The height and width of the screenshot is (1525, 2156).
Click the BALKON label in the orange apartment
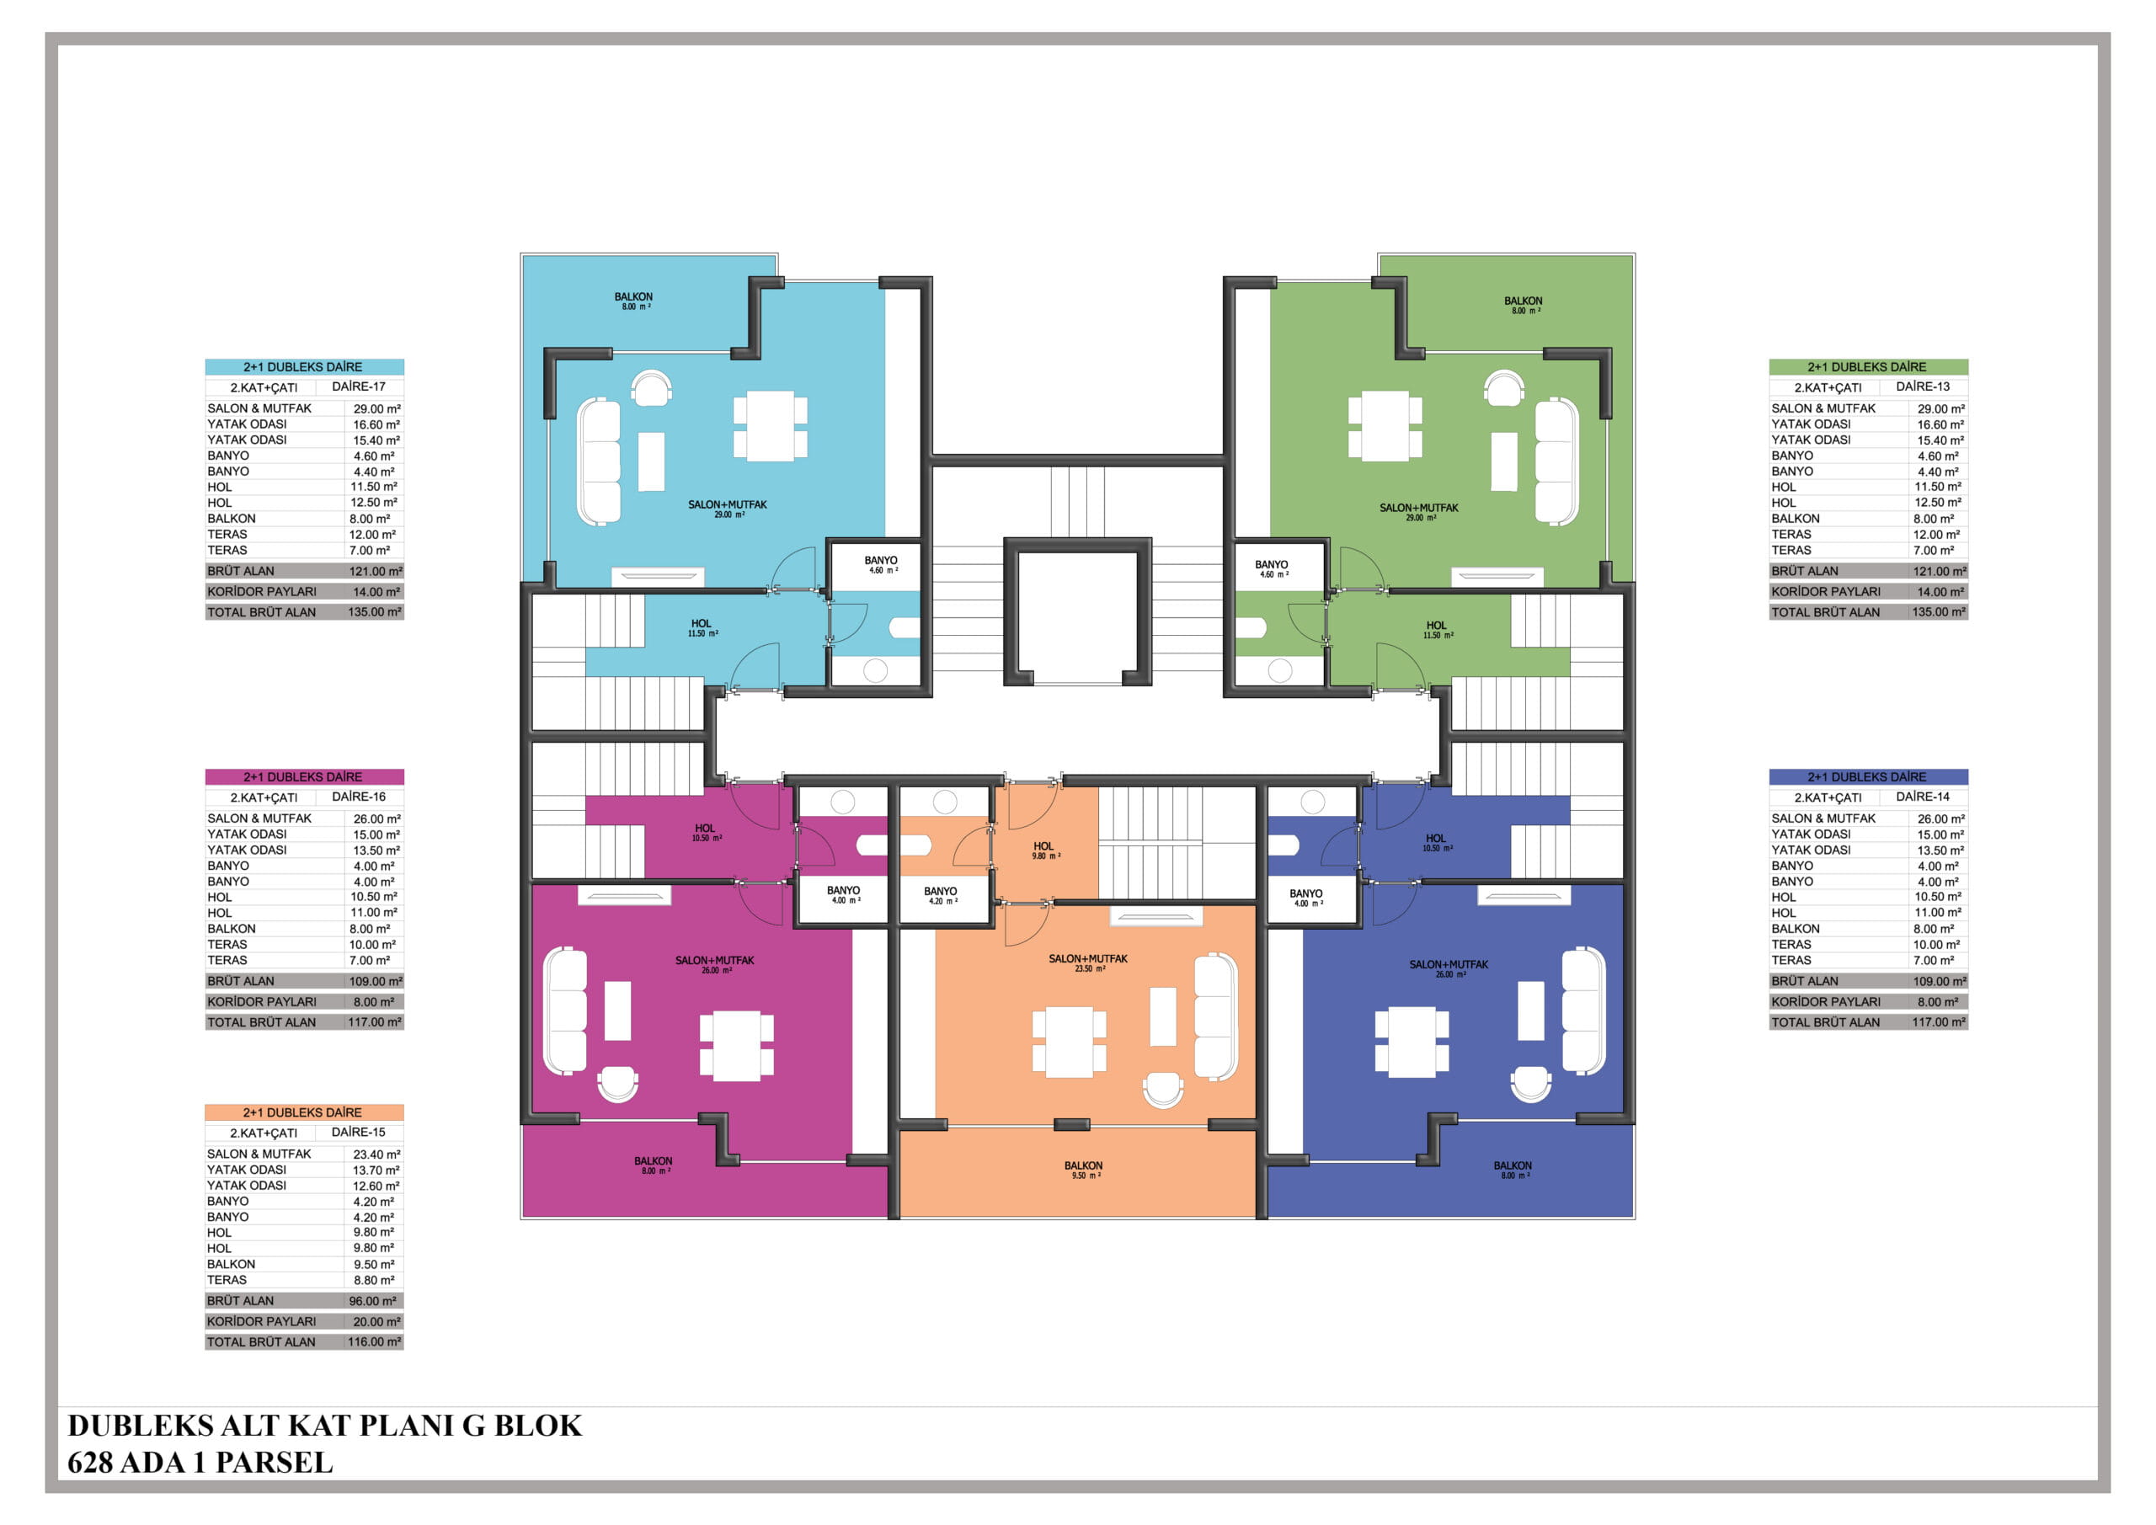1083,1170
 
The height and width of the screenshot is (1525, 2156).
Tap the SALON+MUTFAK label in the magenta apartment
715,964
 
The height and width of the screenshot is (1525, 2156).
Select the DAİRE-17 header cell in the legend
359,387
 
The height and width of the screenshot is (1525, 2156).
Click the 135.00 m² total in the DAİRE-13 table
1939,612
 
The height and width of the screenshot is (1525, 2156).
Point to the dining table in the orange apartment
1069,1042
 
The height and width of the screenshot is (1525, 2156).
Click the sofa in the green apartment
1556,461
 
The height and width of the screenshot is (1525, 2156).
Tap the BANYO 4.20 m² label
940,896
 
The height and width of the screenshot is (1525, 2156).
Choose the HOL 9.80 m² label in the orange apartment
1044,850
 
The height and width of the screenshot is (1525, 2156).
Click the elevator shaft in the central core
1077,611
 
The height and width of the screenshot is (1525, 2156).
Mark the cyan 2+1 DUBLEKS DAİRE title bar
304,367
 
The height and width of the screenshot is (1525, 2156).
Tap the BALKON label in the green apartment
1524,305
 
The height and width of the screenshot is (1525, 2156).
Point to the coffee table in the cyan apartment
652,461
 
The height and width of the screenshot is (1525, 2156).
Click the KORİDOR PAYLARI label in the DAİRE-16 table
262,1002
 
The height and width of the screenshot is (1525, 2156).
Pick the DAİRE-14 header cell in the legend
1922,797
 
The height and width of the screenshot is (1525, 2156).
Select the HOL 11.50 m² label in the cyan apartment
702,628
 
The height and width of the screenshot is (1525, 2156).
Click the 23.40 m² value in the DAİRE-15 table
376,1155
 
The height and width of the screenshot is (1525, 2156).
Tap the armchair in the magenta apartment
618,1084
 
